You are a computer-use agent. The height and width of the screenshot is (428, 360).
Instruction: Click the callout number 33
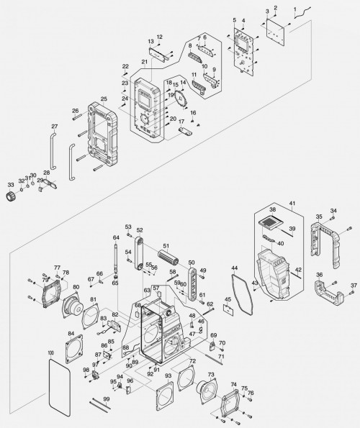coord(10,185)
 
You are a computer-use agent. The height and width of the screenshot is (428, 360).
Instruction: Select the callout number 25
coord(104,99)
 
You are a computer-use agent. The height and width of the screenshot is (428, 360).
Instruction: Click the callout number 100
coord(50,352)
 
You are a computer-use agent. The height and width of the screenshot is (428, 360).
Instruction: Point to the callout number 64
coord(114,237)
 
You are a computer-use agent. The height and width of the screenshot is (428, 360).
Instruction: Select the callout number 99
coord(106,399)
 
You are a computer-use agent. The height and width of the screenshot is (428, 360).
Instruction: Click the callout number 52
coord(140,230)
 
